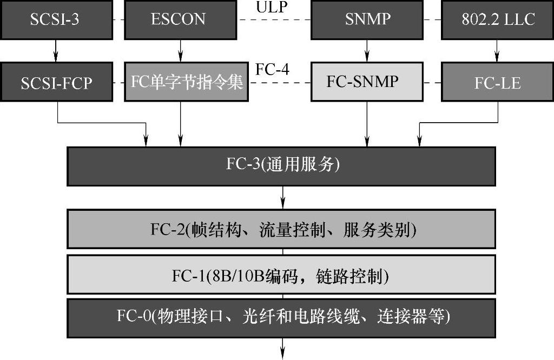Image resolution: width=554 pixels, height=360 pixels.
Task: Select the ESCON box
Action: point(179,19)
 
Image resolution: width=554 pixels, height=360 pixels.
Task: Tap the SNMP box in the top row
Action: point(367,19)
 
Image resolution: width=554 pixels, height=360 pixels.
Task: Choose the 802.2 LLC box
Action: point(497,19)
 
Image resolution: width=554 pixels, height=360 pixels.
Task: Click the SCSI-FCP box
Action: point(57,82)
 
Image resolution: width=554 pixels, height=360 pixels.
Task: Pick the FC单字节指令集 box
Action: point(186,82)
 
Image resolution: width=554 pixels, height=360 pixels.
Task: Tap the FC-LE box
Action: point(497,82)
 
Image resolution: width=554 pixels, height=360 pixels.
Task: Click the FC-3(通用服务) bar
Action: point(281,165)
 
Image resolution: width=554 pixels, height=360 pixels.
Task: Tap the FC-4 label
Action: point(272,70)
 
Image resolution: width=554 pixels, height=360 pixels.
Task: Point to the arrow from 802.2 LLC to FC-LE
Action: point(497,51)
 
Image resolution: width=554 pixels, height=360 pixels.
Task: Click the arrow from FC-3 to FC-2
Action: point(282,198)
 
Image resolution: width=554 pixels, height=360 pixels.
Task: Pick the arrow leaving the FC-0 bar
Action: point(282,348)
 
